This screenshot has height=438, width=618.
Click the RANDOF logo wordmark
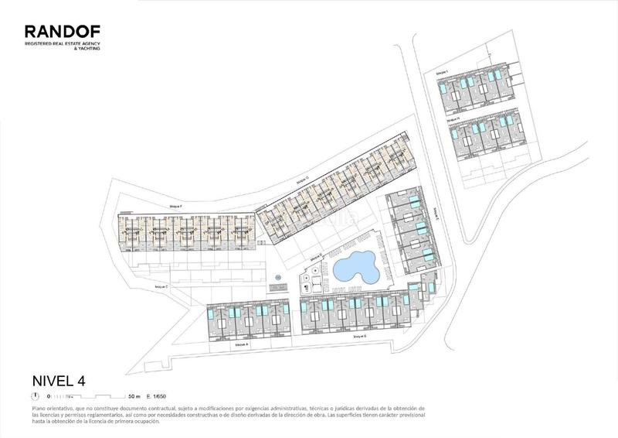coord(62,31)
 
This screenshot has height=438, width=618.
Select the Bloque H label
coord(453,119)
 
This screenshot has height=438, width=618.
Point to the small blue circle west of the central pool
coord(277,274)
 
